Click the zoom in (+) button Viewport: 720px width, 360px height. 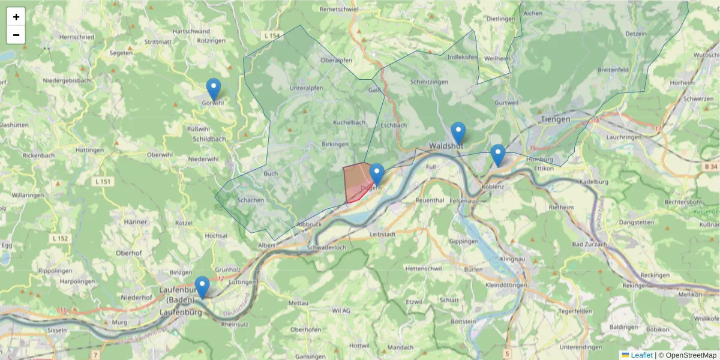point(16,17)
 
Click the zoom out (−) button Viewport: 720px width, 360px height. point(16,35)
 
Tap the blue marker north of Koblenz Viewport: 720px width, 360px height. point(497,155)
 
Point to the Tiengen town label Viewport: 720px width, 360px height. point(555,119)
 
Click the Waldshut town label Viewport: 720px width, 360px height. point(445,146)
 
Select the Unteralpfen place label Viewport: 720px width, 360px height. point(306,88)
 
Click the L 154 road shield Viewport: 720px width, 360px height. point(271,37)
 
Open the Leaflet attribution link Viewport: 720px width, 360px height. point(641,355)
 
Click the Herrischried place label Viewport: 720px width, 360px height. point(77,37)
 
